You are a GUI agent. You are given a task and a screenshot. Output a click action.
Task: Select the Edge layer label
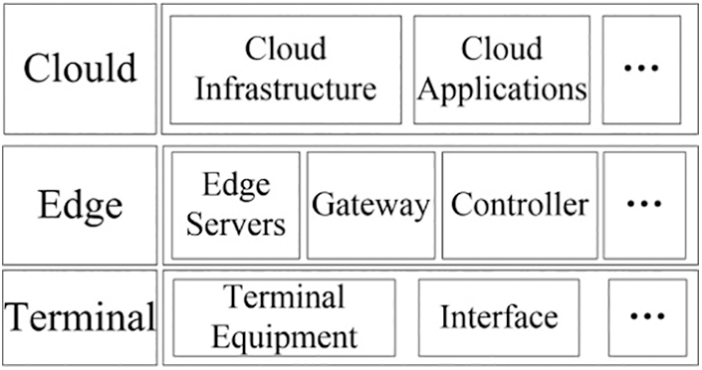[80, 205]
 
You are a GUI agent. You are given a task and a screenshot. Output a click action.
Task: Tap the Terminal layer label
[80, 317]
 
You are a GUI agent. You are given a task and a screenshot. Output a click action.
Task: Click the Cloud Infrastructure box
[286, 69]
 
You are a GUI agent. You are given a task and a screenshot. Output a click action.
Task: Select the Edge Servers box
[236, 205]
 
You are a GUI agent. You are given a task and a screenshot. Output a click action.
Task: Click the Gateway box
[370, 205]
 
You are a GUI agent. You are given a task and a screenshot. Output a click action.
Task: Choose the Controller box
[519, 205]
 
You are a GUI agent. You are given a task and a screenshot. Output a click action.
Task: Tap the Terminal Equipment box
[284, 317]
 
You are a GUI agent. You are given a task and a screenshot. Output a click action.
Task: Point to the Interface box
[498, 317]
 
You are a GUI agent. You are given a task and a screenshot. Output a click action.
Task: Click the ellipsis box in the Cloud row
[641, 69]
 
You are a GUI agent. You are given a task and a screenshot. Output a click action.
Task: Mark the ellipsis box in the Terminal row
[647, 317]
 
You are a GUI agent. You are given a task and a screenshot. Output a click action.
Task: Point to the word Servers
[236, 223]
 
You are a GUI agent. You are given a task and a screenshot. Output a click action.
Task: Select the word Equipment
[284, 335]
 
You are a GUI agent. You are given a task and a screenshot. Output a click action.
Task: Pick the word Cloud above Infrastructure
[286, 49]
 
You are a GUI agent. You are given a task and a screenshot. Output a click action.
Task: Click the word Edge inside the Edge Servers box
[236, 186]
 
